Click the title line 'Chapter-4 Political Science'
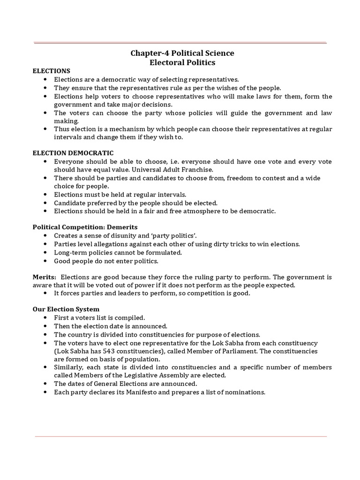(182, 53)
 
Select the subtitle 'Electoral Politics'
(182, 62)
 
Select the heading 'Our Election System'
(66, 309)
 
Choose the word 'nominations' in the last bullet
(246, 392)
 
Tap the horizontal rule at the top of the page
(180, 43)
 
